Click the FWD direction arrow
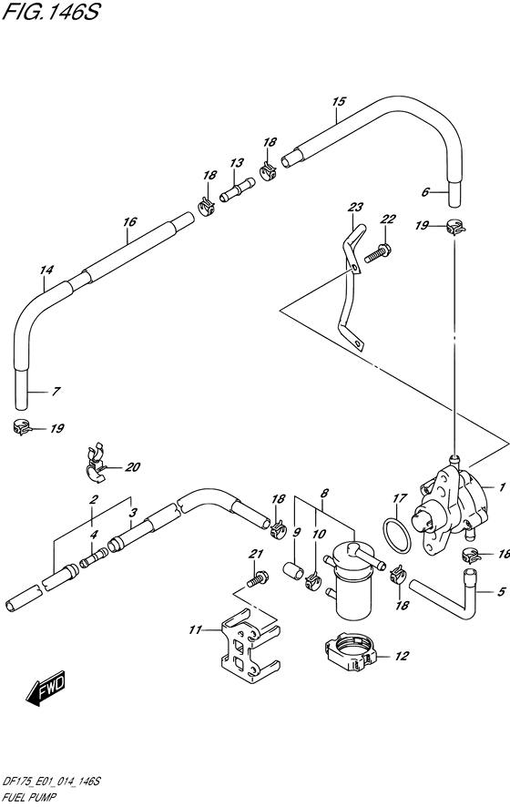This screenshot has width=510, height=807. (x=46, y=688)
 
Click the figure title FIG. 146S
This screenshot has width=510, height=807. (x=50, y=12)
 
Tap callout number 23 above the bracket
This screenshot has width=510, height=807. (x=355, y=208)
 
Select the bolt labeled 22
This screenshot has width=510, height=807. (x=377, y=254)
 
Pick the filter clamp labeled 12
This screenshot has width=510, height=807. (x=352, y=653)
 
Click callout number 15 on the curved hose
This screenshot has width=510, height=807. (x=338, y=101)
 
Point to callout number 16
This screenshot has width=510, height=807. (x=129, y=222)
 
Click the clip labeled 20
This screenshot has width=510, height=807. (x=96, y=463)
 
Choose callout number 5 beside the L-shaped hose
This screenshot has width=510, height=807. (x=501, y=592)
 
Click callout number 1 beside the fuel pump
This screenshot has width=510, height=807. (x=502, y=487)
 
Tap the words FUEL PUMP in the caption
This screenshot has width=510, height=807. (x=29, y=797)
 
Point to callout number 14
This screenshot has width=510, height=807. (x=46, y=270)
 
